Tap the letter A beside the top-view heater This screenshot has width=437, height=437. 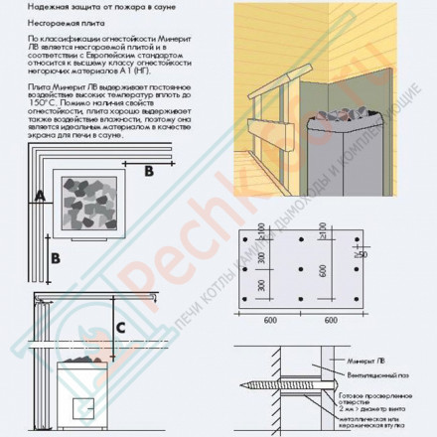(x=37, y=196)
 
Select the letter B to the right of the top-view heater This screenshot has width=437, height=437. (x=149, y=171)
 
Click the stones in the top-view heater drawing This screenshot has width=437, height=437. (x=92, y=205)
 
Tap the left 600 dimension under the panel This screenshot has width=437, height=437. (x=271, y=322)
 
